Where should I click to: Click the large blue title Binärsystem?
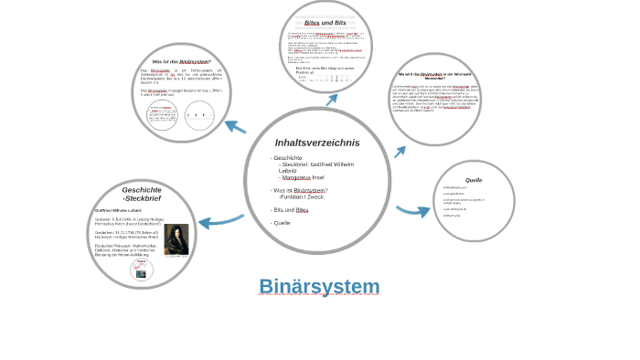(319, 287)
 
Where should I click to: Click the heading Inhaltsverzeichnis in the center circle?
(317, 143)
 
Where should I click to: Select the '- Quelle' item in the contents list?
(281, 223)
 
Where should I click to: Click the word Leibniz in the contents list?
(288, 171)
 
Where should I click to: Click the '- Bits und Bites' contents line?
(290, 210)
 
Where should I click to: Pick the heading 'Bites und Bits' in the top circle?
(325, 23)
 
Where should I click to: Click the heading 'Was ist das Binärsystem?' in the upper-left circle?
(181, 62)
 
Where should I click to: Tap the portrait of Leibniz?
(176, 239)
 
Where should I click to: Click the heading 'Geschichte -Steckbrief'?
(142, 194)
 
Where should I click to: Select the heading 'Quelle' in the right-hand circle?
(474, 180)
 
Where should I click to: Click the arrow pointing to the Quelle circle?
(413, 211)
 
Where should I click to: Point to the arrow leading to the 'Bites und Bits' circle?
(331, 99)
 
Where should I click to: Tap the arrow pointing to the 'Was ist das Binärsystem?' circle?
(235, 127)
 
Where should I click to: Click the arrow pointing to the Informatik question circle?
(400, 152)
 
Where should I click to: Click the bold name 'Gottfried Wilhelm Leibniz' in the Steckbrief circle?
(117, 210)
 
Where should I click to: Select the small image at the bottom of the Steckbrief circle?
(142, 269)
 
